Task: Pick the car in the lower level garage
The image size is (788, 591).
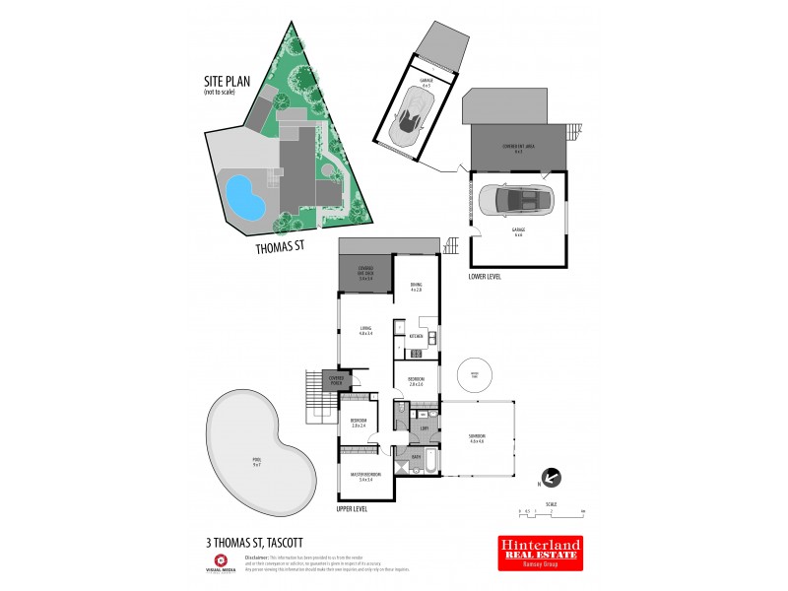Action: (518, 201)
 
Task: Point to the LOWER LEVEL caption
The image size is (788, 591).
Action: (485, 277)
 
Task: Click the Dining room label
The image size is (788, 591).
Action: (416, 287)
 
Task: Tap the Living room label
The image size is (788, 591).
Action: (364, 332)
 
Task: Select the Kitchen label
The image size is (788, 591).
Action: (416, 337)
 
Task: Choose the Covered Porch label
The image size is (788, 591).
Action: (337, 380)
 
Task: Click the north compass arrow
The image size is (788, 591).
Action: (551, 479)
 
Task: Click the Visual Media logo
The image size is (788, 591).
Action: (221, 562)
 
